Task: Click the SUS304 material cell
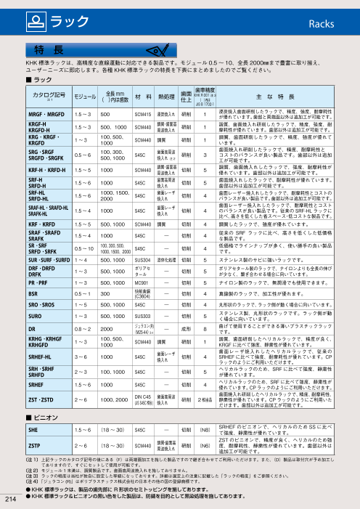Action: click(x=143, y=258)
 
